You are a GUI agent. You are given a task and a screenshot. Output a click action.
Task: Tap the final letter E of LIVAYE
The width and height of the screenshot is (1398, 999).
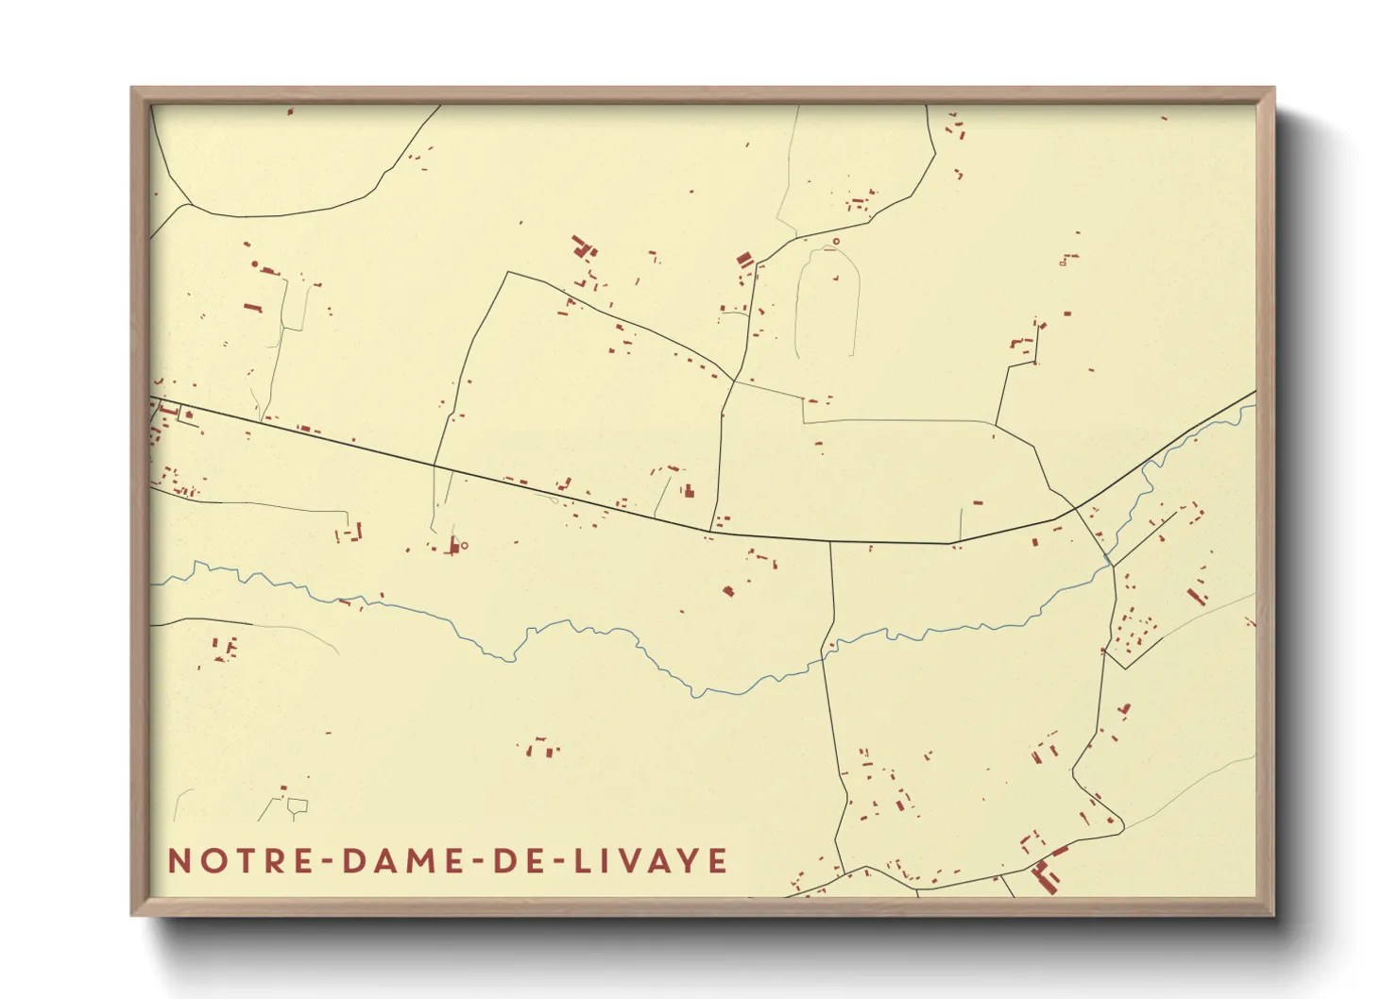pyautogui.click(x=718, y=861)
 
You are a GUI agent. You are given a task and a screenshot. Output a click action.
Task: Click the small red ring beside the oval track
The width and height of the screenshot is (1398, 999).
pyautogui.click(x=836, y=242)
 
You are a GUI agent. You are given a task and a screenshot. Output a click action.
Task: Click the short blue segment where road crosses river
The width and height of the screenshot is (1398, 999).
pyautogui.click(x=1107, y=560)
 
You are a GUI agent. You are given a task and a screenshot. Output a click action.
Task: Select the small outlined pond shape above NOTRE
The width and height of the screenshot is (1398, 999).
pyautogui.click(x=298, y=805)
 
